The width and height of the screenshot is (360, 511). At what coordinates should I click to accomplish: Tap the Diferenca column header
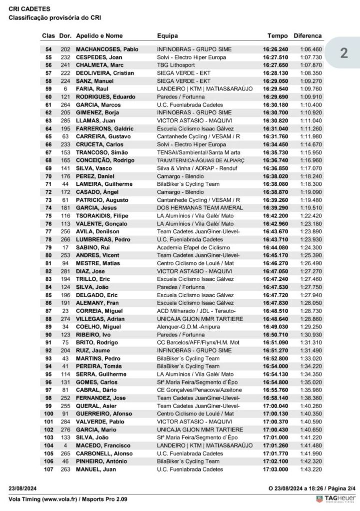click(308, 36)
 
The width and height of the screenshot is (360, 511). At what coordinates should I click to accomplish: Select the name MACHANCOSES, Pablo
click(107, 49)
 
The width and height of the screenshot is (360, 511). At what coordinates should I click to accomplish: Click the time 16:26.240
click(276, 49)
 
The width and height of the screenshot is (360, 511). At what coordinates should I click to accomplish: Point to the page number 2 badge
click(344, 53)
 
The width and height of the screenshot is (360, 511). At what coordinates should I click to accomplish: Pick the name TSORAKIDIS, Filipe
click(103, 216)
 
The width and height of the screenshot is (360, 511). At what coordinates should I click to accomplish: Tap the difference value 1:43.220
click(311, 469)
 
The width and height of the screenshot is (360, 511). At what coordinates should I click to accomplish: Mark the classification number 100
click(49, 414)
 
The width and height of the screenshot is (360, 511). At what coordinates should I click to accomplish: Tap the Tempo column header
click(278, 36)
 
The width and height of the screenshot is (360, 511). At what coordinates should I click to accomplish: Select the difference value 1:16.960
click(311, 160)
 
